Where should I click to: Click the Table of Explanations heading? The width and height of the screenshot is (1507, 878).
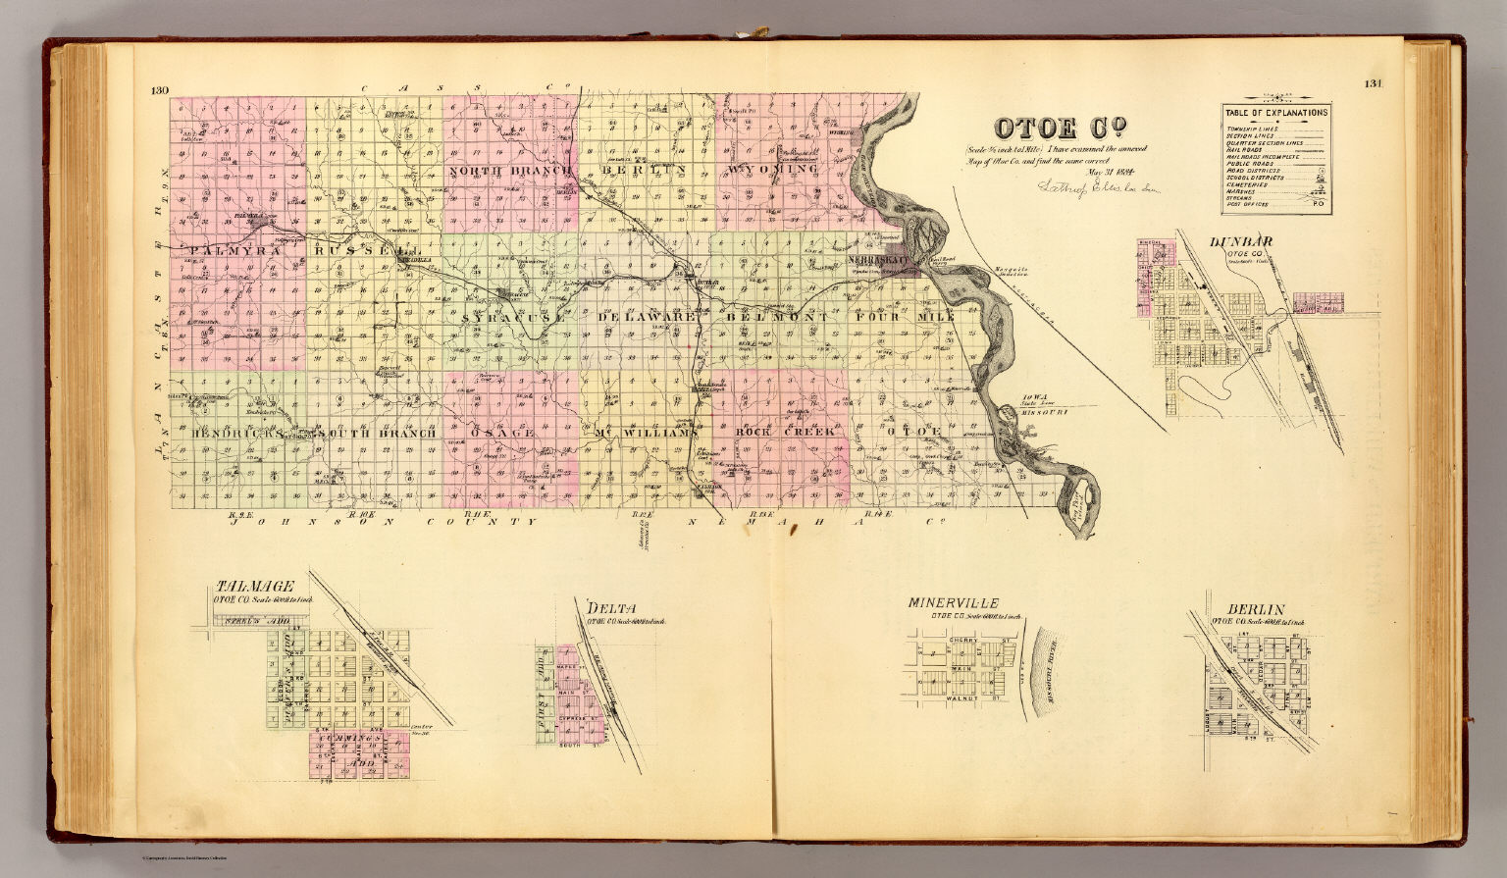click(1275, 112)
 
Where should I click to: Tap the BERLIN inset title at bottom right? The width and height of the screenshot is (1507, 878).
click(1248, 609)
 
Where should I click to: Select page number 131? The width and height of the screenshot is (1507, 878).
click(1372, 83)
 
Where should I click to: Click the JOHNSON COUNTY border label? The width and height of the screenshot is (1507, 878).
click(385, 522)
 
